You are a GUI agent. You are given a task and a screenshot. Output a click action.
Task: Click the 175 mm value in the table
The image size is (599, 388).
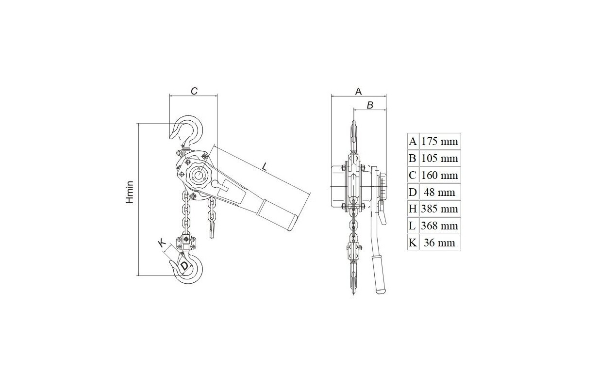point(440,141)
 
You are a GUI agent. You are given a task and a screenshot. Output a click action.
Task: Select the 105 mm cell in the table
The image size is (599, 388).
point(440,158)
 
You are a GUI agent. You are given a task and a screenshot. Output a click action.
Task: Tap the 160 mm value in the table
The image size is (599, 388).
point(440,175)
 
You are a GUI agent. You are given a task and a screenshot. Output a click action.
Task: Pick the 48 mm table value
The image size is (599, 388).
point(440,192)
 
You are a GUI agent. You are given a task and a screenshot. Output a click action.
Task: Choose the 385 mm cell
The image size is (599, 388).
point(440,209)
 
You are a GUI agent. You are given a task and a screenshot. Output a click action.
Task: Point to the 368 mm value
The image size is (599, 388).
point(440,226)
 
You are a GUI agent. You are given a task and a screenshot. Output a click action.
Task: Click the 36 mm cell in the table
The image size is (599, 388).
point(440,242)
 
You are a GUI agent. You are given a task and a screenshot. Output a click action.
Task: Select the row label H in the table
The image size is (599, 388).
point(413,209)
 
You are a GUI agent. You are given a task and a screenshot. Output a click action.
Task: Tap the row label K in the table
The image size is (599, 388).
point(413,242)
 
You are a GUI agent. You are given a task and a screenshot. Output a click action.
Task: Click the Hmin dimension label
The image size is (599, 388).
point(130,193)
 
